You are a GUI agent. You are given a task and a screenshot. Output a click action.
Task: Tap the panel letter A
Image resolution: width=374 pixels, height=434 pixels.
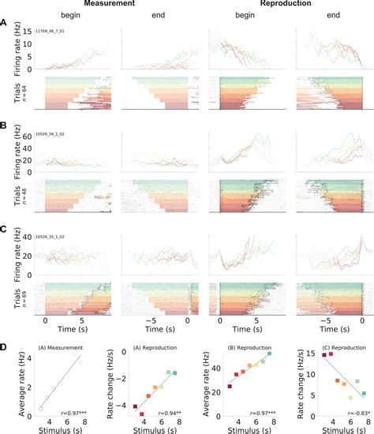[6, 23]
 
